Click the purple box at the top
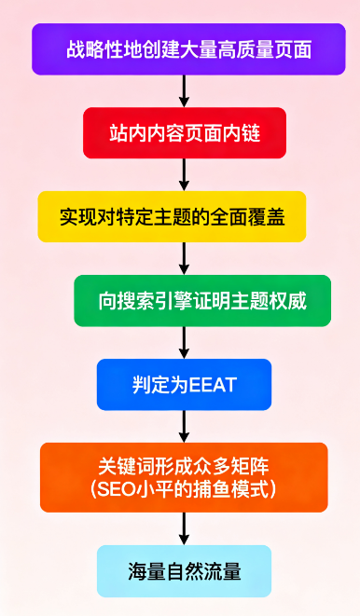(x=183, y=49)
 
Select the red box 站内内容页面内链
(x=184, y=133)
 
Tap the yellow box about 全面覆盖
(x=184, y=217)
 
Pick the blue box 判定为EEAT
(x=184, y=384)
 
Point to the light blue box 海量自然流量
(x=184, y=570)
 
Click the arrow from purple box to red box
(x=184, y=91)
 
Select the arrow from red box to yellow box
(x=184, y=175)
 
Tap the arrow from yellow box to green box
(x=184, y=258)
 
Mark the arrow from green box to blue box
(x=184, y=342)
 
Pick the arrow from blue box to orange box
(x=184, y=426)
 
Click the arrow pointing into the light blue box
(x=184, y=528)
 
